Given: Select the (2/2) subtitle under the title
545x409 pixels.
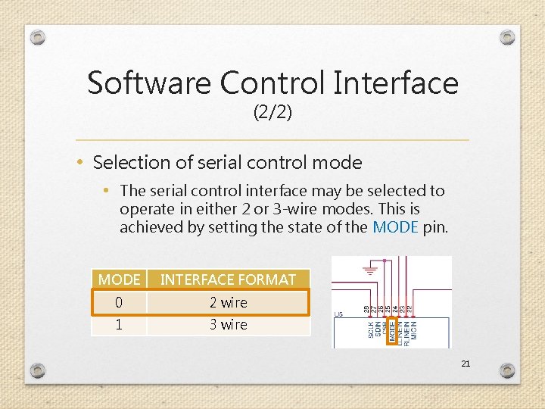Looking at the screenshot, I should pos(272,114).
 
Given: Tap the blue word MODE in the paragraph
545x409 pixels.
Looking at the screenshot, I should pos(396,226).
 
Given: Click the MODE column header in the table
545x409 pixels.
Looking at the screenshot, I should pos(119,279).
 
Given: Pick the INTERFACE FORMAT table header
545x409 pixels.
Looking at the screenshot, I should pos(228,279).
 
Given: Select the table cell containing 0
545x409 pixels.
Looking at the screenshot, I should pos(119,302).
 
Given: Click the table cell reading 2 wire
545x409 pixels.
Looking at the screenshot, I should pos(228,302).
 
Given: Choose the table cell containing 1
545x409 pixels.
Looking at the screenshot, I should pos(119,324).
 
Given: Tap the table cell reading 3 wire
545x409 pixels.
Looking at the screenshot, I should pos(228,324).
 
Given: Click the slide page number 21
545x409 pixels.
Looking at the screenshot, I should pos(466,364).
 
